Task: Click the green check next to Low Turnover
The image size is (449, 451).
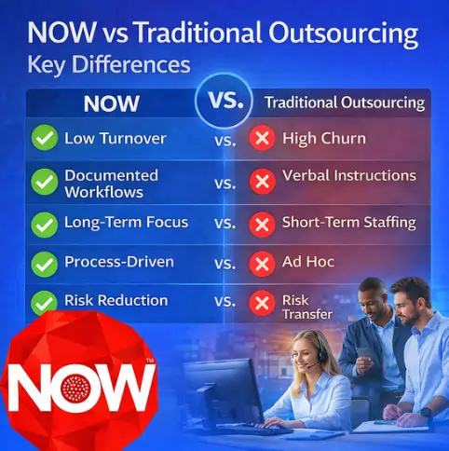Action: pyautogui.click(x=44, y=140)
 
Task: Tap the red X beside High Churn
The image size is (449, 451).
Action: pyautogui.click(x=264, y=140)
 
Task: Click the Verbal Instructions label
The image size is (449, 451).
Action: pyautogui.click(x=348, y=175)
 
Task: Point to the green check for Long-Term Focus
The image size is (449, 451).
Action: pyautogui.click(x=44, y=224)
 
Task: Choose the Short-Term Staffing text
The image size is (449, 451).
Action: pyautogui.click(x=348, y=224)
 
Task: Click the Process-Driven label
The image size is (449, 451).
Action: pyautogui.click(x=118, y=263)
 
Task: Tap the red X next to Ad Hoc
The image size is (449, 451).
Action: pyautogui.click(x=264, y=264)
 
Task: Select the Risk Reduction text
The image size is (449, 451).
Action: pyautogui.click(x=116, y=301)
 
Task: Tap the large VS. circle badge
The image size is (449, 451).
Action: pyautogui.click(x=225, y=101)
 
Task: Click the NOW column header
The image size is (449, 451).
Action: pyautogui.click(x=112, y=103)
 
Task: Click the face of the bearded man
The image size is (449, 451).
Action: pyautogui.click(x=411, y=306)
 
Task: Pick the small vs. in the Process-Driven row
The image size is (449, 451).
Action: pyautogui.click(x=225, y=265)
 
